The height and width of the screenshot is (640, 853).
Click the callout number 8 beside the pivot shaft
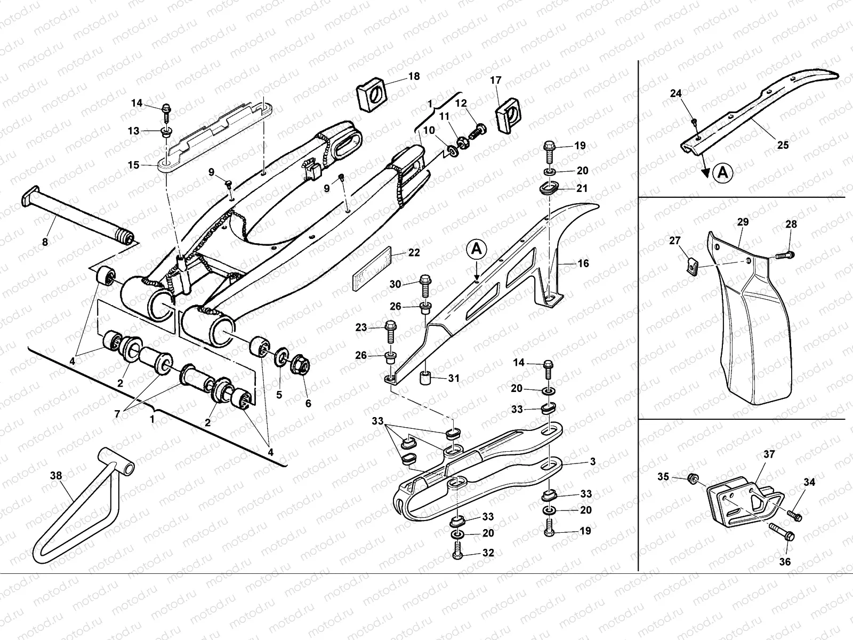(x=45, y=242)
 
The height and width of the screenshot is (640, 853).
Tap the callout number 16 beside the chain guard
(x=583, y=263)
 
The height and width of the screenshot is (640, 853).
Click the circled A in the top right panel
(x=722, y=172)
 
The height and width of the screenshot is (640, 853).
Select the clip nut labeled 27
(x=691, y=265)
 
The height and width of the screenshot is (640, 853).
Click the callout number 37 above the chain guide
(x=769, y=454)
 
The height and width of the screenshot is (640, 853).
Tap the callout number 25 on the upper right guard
(x=783, y=145)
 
